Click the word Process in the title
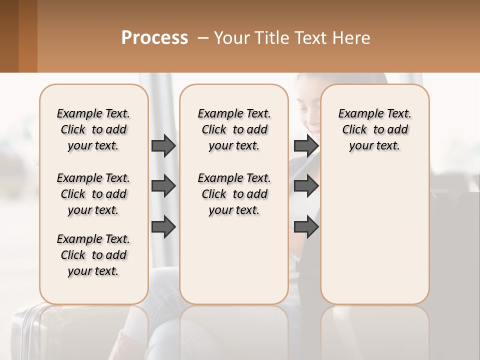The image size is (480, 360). [154, 38]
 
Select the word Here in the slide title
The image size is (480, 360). [353, 38]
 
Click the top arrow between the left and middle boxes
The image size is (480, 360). [163, 145]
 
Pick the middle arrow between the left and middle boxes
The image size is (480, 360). [163, 186]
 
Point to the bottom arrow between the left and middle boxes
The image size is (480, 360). [163, 227]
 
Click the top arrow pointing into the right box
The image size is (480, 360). [306, 145]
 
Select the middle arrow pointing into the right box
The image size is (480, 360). [306, 186]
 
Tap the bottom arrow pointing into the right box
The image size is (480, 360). [306, 227]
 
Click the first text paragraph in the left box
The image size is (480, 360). [93, 129]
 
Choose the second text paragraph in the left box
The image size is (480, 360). [93, 194]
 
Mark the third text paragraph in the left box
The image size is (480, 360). [93, 255]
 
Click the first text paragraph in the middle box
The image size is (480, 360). [234, 129]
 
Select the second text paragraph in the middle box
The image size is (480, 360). [234, 194]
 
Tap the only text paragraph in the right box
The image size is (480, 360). [374, 129]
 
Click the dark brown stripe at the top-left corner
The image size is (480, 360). [9, 36]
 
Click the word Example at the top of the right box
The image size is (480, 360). [356, 114]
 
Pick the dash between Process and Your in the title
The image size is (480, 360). [203, 38]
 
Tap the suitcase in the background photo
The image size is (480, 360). [25, 330]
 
